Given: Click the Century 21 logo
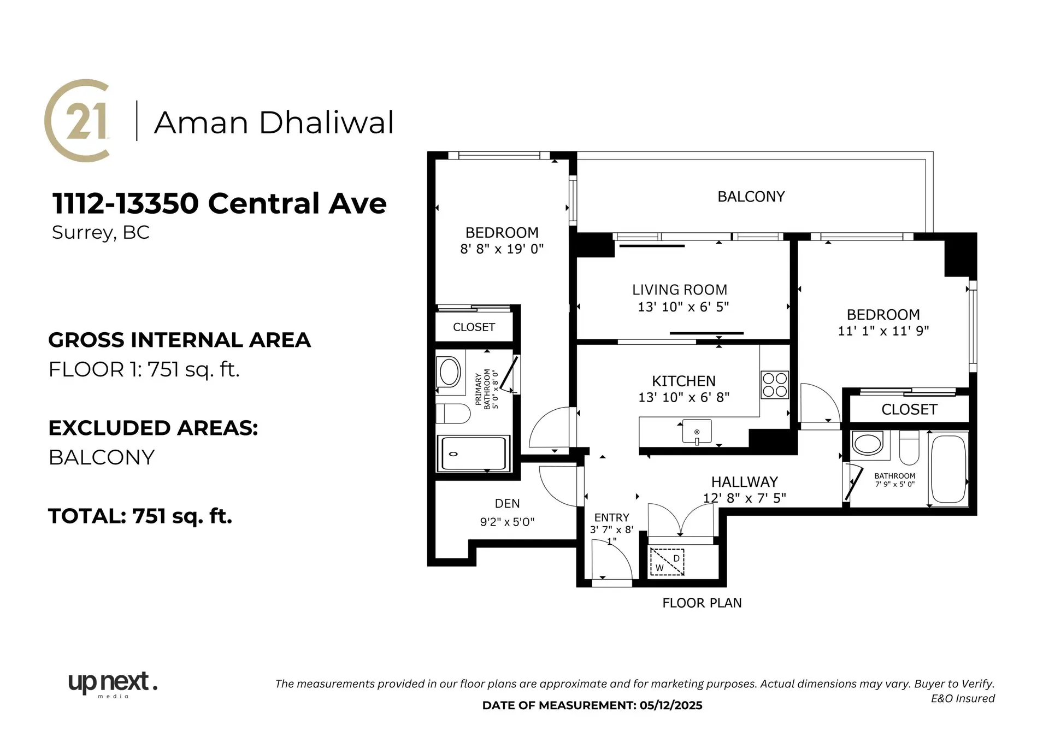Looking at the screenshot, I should [78, 120].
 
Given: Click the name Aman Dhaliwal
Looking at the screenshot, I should [274, 122].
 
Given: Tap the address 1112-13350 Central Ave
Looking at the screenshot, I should [219, 204].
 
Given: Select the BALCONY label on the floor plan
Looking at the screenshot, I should [751, 197].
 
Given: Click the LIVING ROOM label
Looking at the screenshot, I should [680, 290].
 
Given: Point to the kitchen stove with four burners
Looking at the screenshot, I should [774, 385].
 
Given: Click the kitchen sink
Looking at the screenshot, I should [697, 432].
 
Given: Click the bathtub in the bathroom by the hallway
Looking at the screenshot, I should [948, 469].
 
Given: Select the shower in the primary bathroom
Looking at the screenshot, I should [473, 454].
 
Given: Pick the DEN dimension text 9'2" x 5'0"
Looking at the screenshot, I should [507, 522].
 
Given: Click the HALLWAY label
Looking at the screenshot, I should [744, 482].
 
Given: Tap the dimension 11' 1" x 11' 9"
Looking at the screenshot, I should [883, 331].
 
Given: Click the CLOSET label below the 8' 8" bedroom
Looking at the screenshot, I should [474, 327].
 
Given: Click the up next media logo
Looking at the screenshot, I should [113, 684].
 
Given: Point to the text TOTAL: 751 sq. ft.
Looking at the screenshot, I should [140, 516].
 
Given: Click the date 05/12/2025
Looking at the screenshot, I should [671, 705].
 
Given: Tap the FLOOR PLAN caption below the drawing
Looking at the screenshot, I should [702, 603].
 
